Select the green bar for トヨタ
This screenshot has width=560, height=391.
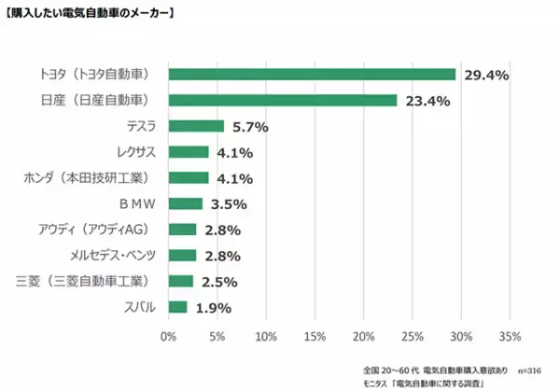pyautogui.click(x=312, y=74)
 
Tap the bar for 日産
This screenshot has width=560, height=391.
pyautogui.click(x=283, y=100)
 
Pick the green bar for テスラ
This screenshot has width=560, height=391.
pyautogui.click(x=196, y=126)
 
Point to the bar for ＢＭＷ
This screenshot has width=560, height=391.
pyautogui.click(x=185, y=203)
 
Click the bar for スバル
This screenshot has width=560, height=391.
pyautogui.click(x=177, y=306)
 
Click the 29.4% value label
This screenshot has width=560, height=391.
pyautogui.click(x=483, y=75)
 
